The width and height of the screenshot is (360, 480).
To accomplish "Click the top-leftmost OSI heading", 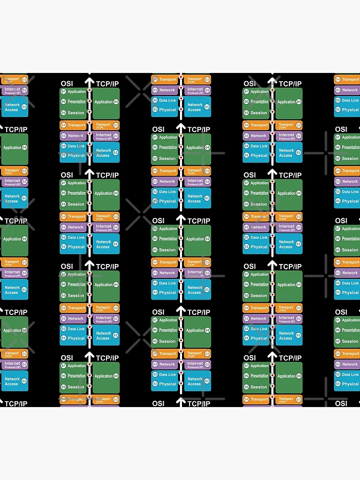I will click(x=67, y=84).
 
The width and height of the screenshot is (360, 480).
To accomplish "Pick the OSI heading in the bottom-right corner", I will click(x=341, y=404).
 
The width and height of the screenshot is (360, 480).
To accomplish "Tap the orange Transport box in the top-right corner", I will click(x=347, y=79).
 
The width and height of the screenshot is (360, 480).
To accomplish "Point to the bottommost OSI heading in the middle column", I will click(x=158, y=404).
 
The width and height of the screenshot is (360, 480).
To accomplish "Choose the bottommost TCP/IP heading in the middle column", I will click(x=199, y=404).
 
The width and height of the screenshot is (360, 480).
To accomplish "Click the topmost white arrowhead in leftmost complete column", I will click(x=89, y=81).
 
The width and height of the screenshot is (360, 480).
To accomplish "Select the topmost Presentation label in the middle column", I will click(x=168, y=147).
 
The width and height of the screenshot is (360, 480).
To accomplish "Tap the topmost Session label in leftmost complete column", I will click(x=76, y=113).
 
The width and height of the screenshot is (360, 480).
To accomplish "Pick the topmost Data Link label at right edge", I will click(x=350, y=100).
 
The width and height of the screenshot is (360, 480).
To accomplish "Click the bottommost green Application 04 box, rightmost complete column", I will click(x=289, y=376).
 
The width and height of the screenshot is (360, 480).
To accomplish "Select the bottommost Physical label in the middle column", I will click(x=168, y=384).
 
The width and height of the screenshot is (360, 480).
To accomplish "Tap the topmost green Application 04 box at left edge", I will click(x=14, y=148).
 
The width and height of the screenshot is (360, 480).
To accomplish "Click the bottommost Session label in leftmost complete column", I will click(x=76, y=387).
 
